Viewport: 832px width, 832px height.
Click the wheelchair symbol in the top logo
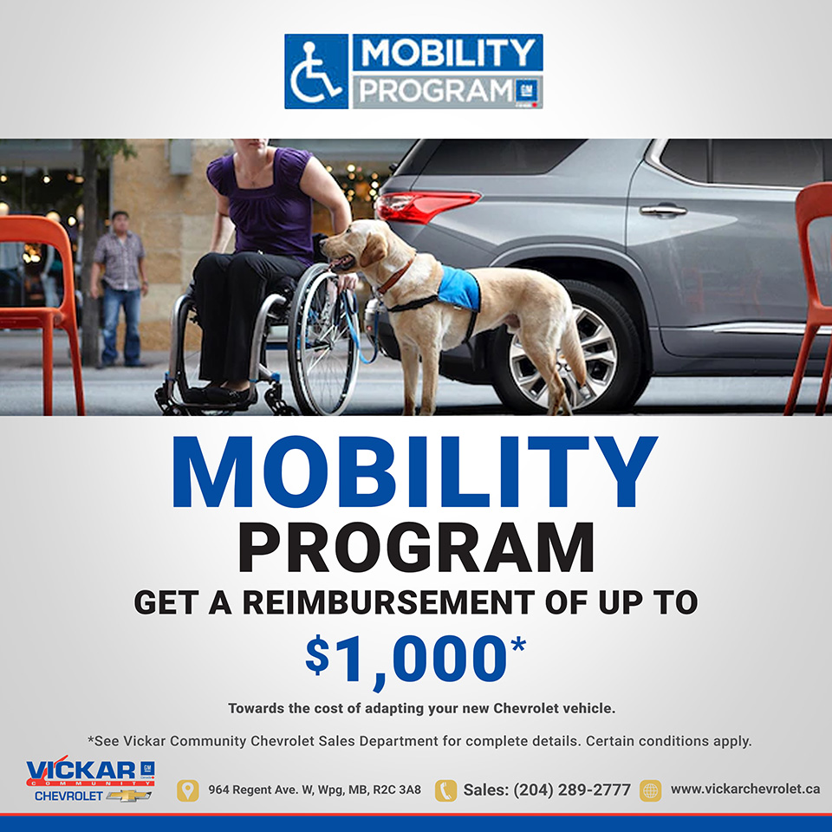tap(316, 72)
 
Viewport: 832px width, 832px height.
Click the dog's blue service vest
tap(459, 288)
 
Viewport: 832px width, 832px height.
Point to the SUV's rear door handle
tap(663, 210)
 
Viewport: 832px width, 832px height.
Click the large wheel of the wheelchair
tap(322, 339)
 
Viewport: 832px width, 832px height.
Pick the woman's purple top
tap(265, 205)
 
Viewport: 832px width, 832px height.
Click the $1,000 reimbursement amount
tap(415, 660)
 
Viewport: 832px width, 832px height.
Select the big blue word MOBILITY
tap(415, 472)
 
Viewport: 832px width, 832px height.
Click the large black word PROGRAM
tap(416, 548)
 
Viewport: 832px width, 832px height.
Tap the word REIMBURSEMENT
tap(388, 603)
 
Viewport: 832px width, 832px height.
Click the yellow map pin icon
tap(187, 790)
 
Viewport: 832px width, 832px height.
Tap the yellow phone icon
tap(445, 790)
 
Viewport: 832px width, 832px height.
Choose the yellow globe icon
tap(651, 790)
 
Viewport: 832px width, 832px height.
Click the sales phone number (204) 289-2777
tap(572, 790)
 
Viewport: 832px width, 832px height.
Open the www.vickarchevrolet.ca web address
tap(745, 789)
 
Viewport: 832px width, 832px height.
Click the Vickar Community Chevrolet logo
tap(90, 778)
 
